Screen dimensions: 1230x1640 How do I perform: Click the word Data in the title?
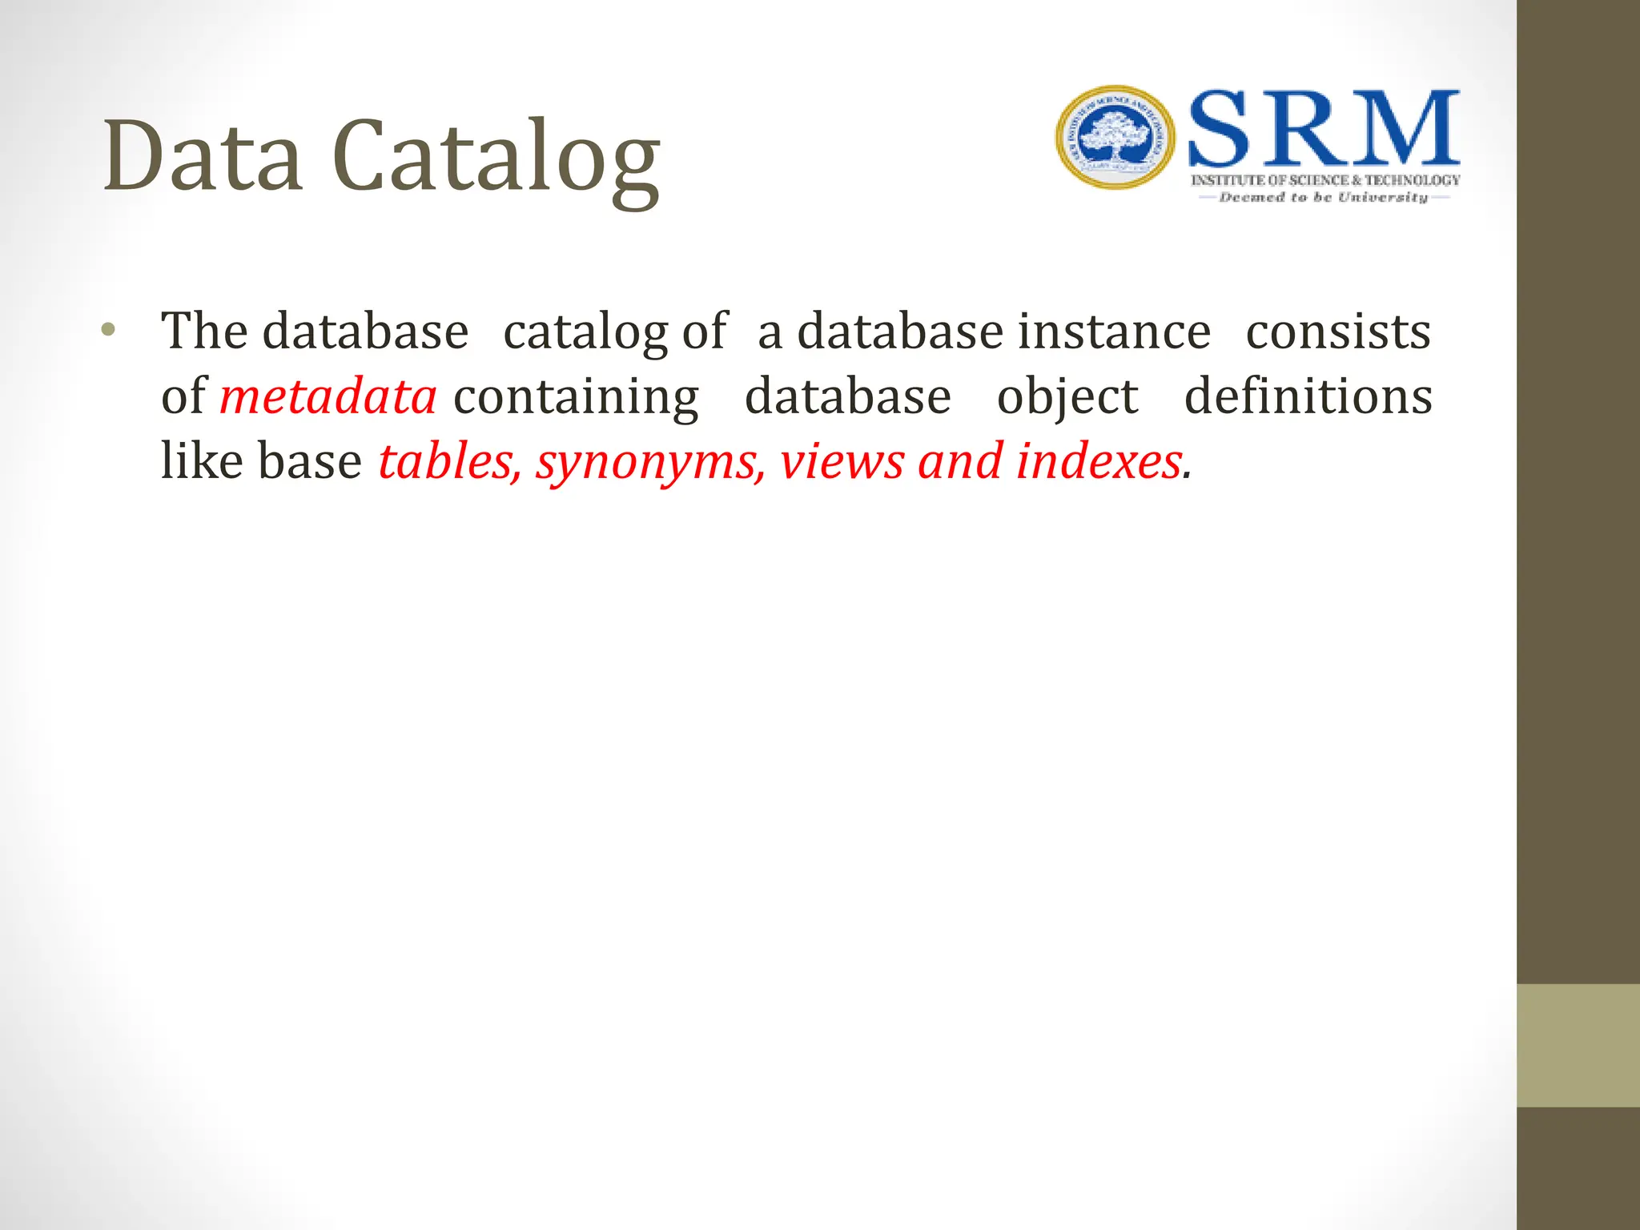(203, 156)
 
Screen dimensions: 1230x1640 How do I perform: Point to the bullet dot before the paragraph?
(109, 330)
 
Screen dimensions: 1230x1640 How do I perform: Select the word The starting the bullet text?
(203, 331)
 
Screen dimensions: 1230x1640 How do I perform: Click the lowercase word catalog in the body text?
(585, 332)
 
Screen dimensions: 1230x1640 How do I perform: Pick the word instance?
(1114, 332)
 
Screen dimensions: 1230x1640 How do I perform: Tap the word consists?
(1338, 332)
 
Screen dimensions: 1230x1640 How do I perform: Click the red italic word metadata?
(328, 396)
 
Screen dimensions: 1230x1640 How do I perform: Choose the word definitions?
(1308, 396)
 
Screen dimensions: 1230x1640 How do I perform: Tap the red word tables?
(449, 462)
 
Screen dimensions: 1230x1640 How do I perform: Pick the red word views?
(842, 462)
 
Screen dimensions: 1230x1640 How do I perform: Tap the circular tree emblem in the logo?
(1115, 138)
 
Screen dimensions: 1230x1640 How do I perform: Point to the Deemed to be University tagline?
(1324, 197)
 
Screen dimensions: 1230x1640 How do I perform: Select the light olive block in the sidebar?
(1578, 1045)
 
